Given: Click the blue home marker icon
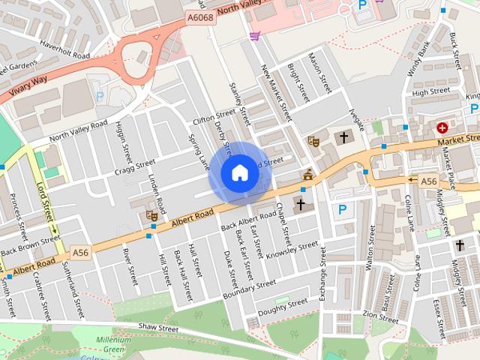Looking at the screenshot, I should [239, 173].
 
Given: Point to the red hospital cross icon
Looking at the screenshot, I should [442, 128].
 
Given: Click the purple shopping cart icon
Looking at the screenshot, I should [255, 35].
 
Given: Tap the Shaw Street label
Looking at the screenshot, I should [158, 328].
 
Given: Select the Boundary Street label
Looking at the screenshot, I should [244, 287].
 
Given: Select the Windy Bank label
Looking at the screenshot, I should [418, 61].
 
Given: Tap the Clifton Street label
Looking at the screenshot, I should [214, 118].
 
